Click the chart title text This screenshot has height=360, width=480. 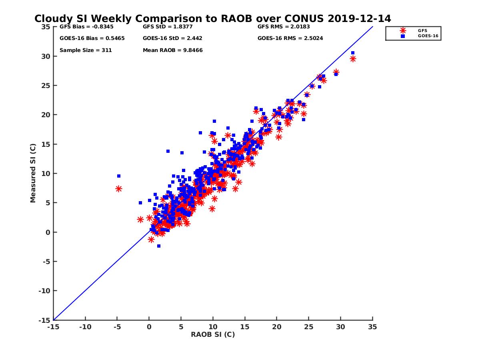[x=212, y=19]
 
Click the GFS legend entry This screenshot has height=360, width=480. [x=422, y=30]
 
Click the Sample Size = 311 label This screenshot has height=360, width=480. [x=86, y=50]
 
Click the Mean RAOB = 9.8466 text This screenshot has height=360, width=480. [x=172, y=50]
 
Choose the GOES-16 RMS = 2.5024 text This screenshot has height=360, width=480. [x=290, y=38]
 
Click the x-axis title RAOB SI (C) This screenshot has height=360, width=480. [x=213, y=334]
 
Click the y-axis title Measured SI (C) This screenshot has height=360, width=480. [x=33, y=173]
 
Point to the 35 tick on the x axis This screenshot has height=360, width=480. [x=372, y=327]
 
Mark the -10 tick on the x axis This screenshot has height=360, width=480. [x=85, y=327]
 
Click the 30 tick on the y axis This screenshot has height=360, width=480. [x=46, y=56]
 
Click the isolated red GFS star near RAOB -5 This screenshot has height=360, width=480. [x=119, y=189]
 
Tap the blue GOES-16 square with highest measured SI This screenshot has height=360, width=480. [x=353, y=53]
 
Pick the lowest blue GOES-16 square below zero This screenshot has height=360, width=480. [x=159, y=246]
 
